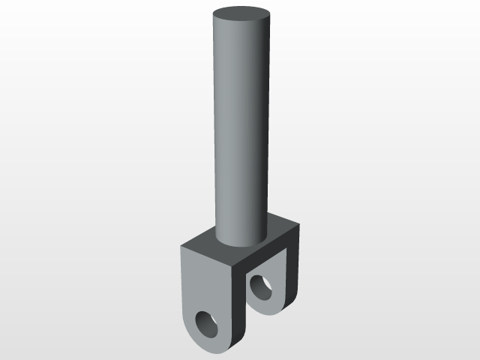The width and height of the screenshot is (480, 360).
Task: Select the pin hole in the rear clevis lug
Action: click(262, 287)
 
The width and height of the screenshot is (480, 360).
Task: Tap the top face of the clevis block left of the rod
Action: click(201, 246)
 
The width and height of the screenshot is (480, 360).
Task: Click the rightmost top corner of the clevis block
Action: click(301, 223)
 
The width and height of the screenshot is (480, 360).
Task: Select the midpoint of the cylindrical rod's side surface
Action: click(240, 127)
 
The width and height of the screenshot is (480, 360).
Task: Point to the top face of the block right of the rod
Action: click(281, 227)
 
